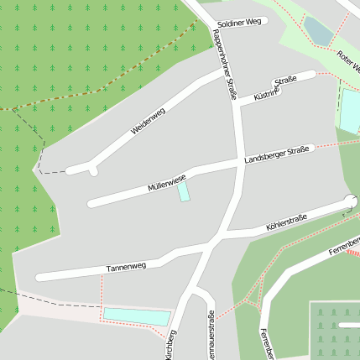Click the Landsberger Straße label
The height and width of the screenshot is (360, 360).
tap(277, 154)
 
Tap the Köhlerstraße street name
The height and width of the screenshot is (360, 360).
tap(286, 222)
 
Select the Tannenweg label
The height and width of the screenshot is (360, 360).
tap(126, 267)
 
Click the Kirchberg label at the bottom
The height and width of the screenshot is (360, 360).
tap(170, 345)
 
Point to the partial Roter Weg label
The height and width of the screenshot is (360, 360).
tap(347, 64)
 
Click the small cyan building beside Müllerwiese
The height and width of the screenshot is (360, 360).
tap(183, 191)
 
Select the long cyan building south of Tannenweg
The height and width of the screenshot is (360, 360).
tap(136, 316)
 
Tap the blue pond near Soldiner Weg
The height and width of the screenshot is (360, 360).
tap(318, 30)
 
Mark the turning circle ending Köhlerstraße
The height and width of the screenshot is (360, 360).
tap(350, 201)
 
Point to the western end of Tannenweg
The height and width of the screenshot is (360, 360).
tap(40, 277)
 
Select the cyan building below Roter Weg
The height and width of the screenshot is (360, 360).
tap(349, 109)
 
